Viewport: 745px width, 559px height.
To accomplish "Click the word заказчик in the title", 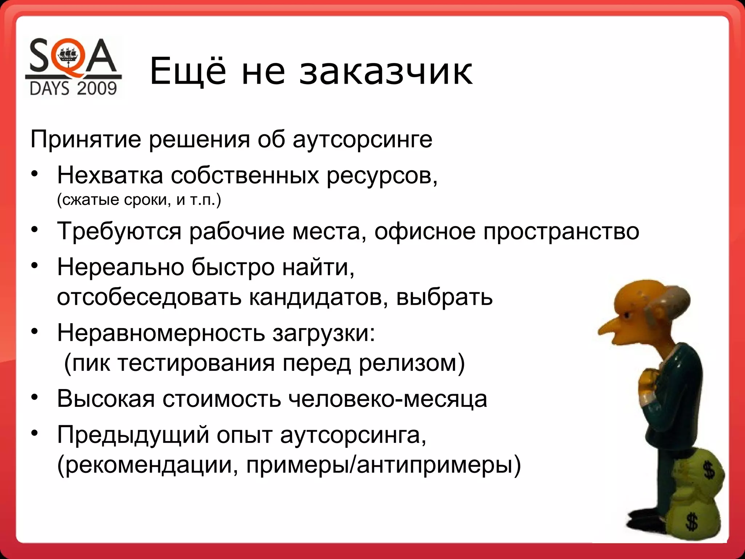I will coord(386,72).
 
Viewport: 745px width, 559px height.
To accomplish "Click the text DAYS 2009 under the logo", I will coord(73,88).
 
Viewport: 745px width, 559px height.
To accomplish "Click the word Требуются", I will coord(119,231).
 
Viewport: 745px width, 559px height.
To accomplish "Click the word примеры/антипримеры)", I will coord(383,465).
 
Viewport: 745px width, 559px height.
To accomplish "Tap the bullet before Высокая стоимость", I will coord(34,397).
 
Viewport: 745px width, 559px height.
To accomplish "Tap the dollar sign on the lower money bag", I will coord(690,521).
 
